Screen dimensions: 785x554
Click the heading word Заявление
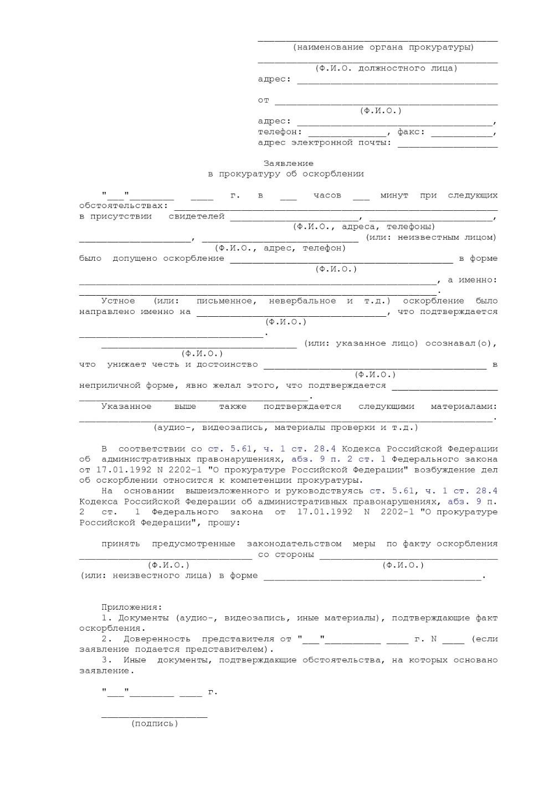[288, 164]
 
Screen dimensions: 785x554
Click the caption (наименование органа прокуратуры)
[383, 47]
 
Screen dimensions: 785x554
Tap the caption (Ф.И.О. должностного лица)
[386, 68]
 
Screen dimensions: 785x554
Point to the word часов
[327, 195]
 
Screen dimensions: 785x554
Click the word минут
[394, 195]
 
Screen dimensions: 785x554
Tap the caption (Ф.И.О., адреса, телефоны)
[363, 227]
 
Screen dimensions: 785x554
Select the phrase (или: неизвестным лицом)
[431, 237]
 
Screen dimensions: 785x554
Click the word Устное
[118, 301]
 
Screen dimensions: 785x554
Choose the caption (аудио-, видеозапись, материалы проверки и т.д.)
[285, 428]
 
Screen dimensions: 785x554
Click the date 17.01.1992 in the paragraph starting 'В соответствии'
[120, 470]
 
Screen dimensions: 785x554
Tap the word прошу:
[224, 523]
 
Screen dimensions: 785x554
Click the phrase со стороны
[286, 554]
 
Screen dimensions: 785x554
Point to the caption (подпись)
[155, 723]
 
